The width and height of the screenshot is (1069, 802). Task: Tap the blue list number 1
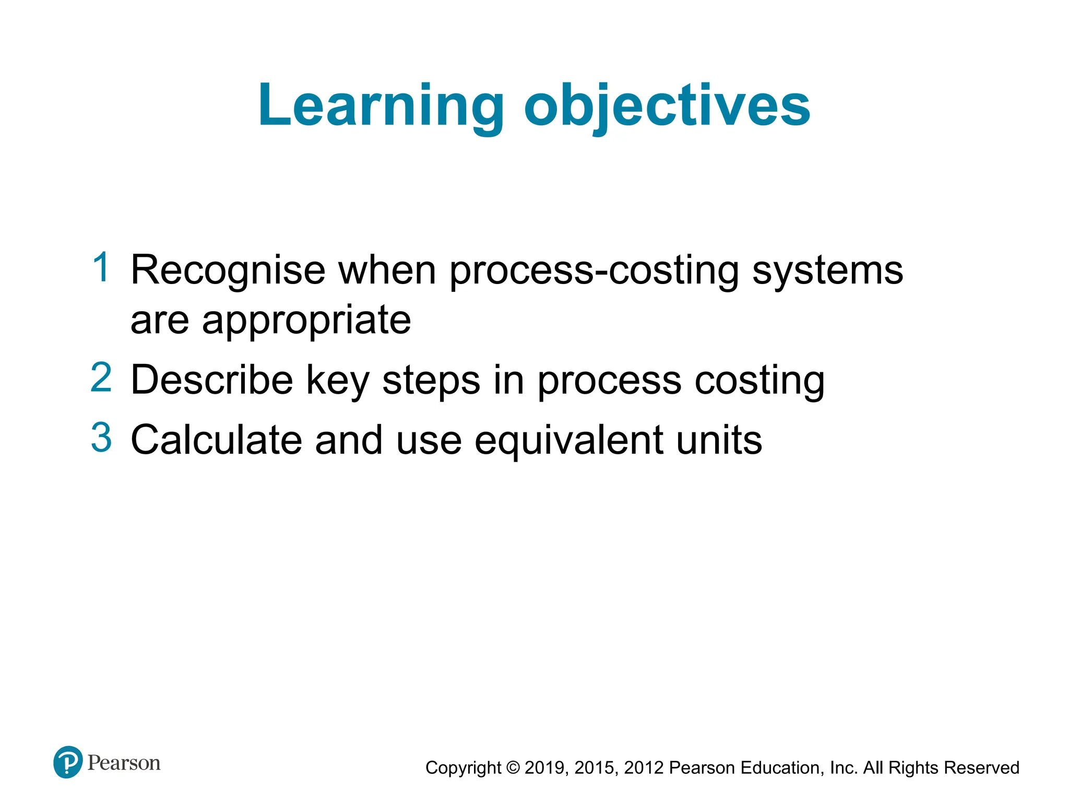tap(101, 267)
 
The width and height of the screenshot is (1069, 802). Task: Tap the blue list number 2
tap(101, 378)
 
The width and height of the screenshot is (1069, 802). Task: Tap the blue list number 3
tap(101, 437)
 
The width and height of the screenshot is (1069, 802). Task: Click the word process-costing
tap(594, 270)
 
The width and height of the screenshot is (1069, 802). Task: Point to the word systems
tap(827, 270)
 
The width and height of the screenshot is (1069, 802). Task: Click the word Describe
tap(212, 380)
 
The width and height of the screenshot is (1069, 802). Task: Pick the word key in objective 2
tap(338, 381)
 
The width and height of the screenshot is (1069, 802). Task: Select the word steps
tap(431, 381)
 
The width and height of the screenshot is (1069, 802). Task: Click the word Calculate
tap(216, 440)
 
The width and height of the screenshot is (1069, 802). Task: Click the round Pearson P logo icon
tap(68, 762)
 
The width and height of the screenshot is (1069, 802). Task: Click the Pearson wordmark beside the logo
tap(124, 763)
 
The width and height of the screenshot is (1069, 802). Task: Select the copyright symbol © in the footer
tap(513, 768)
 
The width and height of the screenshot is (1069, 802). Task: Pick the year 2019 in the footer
tap(545, 768)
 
